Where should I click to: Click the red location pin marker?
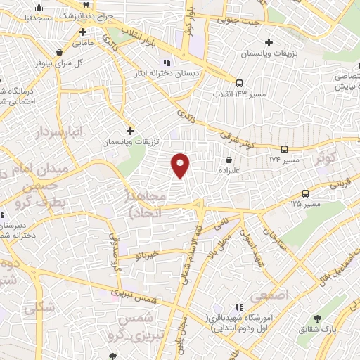[x=181, y=165]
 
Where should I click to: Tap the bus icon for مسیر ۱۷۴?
[x=284, y=149]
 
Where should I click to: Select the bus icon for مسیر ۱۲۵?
[x=305, y=193]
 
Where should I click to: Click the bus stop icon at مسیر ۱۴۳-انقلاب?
[x=240, y=82]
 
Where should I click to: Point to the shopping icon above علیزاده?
[x=230, y=160]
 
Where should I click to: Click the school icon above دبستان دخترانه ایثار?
[x=167, y=61]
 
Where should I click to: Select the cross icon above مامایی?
[x=83, y=32]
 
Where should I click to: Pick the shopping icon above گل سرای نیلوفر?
[x=58, y=53]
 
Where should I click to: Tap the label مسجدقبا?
[x=38, y=15]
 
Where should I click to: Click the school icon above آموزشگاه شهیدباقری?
[x=240, y=307]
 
